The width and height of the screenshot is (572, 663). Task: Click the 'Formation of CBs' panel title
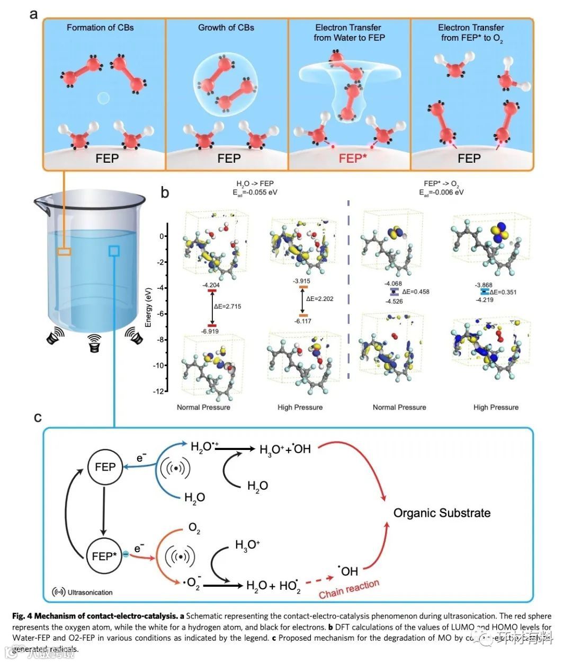[x=100, y=28]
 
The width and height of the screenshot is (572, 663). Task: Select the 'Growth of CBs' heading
[x=226, y=28]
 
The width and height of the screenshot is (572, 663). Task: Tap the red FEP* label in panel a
[x=353, y=158]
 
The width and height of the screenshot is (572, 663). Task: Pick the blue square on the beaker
[x=114, y=251]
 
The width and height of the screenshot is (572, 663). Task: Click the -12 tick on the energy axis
[x=158, y=391]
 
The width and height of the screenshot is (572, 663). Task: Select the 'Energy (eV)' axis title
[x=149, y=307]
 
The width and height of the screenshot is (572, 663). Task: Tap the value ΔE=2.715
[x=227, y=306]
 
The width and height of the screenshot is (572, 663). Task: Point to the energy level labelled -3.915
[x=303, y=287]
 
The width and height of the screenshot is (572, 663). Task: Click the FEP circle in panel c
[x=105, y=467]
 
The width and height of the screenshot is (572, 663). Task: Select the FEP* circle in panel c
[x=104, y=556]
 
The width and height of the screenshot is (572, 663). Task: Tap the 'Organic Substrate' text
[x=442, y=513]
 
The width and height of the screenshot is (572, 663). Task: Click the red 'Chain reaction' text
[x=349, y=589]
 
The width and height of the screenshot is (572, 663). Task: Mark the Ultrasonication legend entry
[x=83, y=592]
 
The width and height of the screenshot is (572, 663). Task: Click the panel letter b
[x=165, y=192]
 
